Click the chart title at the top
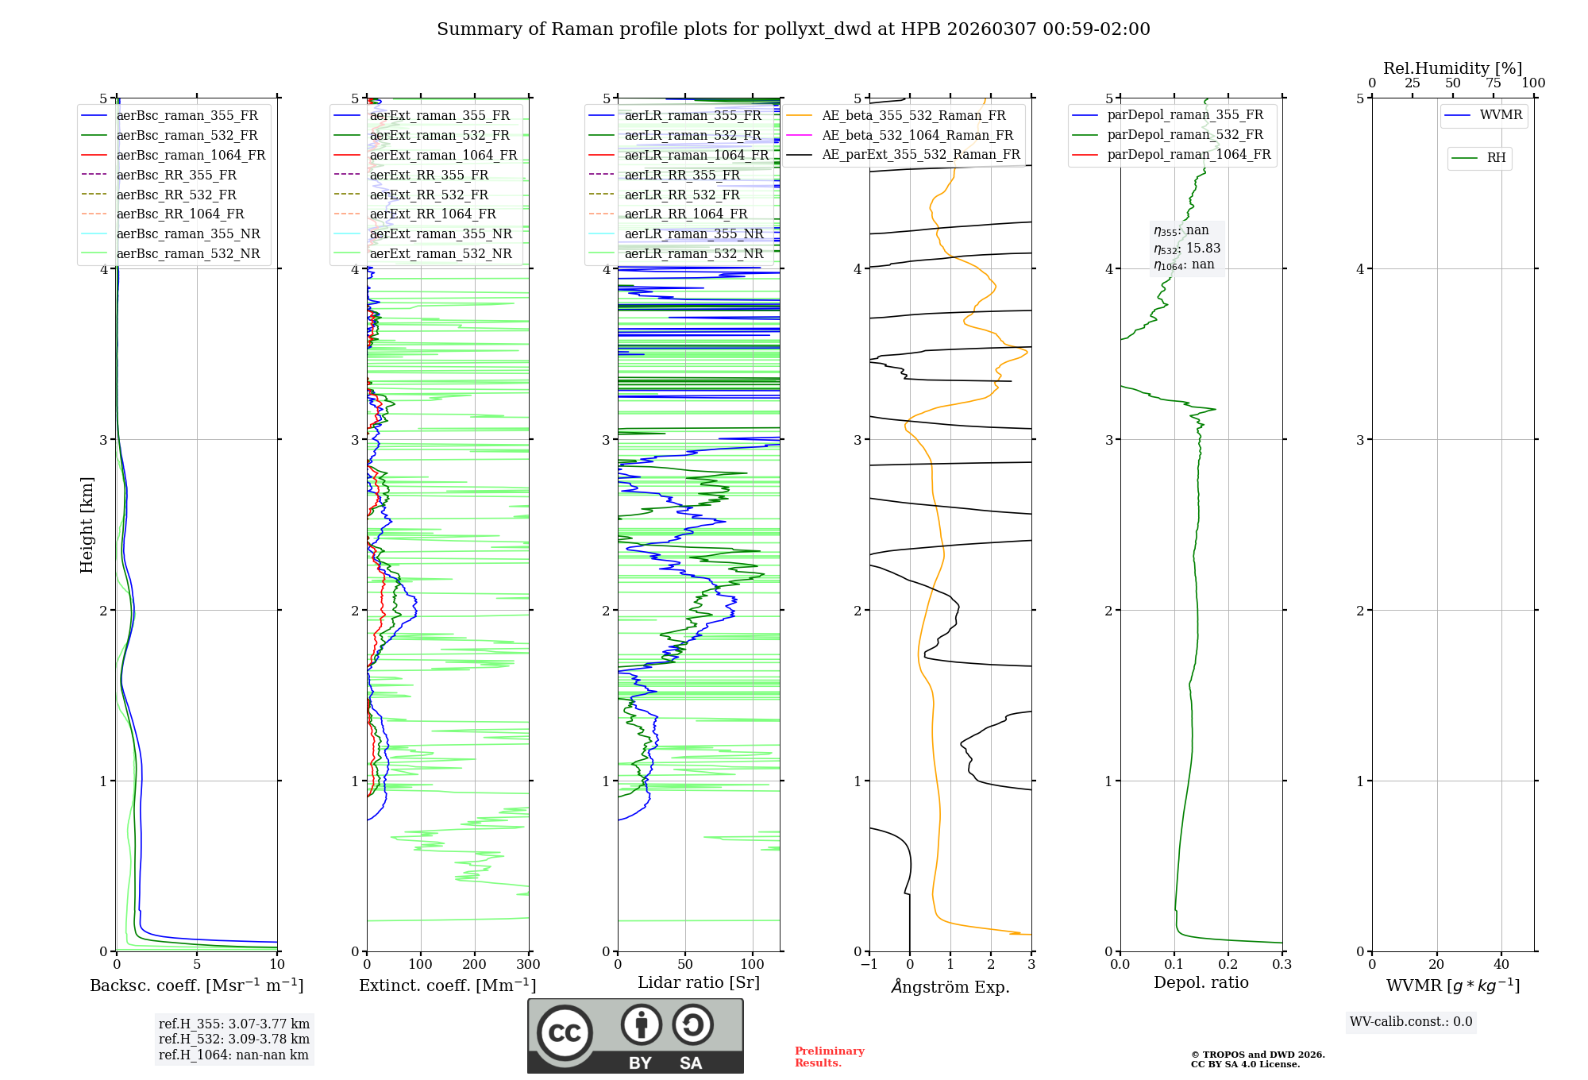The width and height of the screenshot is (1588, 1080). click(x=793, y=29)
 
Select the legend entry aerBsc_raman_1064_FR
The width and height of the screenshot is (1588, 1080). click(x=191, y=155)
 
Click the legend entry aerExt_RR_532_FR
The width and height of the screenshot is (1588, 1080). click(x=429, y=195)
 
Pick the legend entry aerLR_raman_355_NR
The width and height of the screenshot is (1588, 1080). click(x=693, y=233)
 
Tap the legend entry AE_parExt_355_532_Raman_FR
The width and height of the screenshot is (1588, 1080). click(x=920, y=154)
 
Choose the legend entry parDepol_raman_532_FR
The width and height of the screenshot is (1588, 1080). click(x=1185, y=135)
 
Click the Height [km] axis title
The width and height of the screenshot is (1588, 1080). click(x=87, y=525)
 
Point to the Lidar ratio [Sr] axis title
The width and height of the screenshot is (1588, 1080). click(x=699, y=982)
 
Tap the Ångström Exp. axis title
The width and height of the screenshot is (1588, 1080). click(x=950, y=986)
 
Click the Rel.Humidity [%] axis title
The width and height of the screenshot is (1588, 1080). click(x=1452, y=68)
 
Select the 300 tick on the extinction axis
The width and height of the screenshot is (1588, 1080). click(x=528, y=965)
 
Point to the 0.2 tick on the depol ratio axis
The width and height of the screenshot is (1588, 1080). click(x=1228, y=965)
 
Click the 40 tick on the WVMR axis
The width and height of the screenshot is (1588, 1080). click(x=1501, y=965)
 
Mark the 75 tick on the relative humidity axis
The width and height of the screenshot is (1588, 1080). click(x=1494, y=83)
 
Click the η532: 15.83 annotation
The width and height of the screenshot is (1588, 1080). click(x=1187, y=248)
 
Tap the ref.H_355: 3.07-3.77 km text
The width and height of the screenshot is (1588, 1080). click(x=234, y=1024)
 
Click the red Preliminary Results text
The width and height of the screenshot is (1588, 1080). click(x=829, y=1057)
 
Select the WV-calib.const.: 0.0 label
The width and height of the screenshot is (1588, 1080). click(x=1411, y=1022)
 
